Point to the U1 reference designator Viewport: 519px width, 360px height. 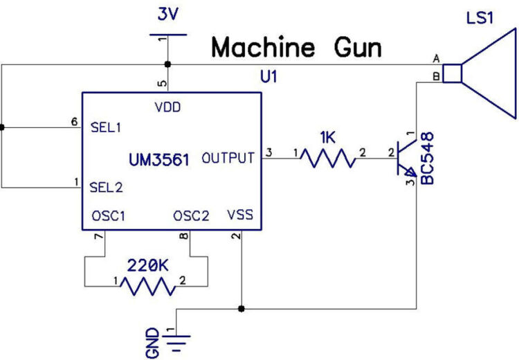coord(267,77)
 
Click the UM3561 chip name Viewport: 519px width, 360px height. coord(160,159)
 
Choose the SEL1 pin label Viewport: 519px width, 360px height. coord(107,127)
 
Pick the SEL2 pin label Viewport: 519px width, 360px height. coord(107,187)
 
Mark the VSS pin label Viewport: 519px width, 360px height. coord(240,216)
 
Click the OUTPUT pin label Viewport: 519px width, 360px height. coord(228,159)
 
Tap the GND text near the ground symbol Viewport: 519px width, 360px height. coord(153,342)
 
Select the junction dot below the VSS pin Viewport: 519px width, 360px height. coord(240,308)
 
